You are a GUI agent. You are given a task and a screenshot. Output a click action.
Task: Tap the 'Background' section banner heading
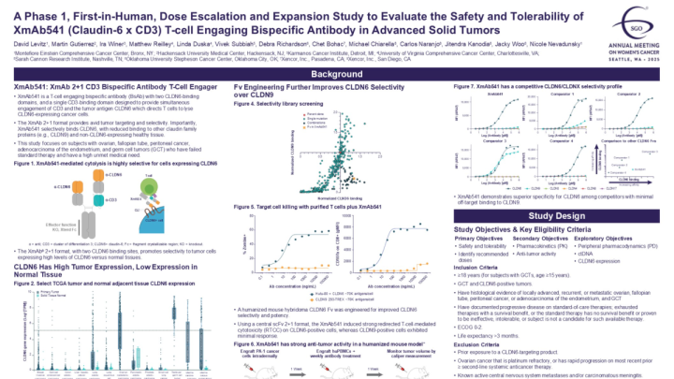click(x=336, y=73)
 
